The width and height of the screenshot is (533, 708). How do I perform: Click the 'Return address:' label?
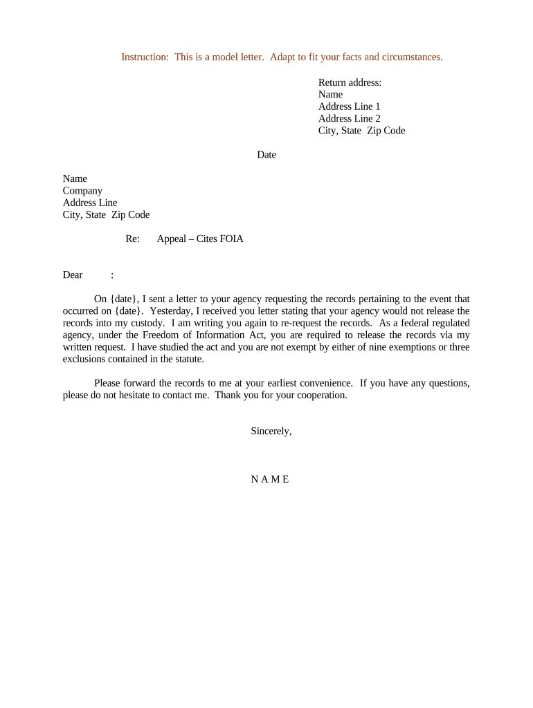(350, 82)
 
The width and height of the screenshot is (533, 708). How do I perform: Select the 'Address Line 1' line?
(349, 106)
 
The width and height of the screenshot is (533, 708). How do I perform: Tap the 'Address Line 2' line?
(349, 118)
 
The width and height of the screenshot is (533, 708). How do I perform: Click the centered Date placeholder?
(266, 155)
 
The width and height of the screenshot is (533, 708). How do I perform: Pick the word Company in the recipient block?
(82, 191)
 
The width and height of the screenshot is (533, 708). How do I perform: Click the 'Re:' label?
(132, 239)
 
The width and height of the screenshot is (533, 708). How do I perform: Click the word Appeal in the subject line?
(172, 239)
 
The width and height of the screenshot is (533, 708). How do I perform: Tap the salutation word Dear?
(73, 275)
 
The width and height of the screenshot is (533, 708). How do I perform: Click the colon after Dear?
(112, 275)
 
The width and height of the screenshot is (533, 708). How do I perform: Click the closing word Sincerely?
(271, 431)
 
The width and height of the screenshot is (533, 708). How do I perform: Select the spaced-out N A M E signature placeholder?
(270, 479)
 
